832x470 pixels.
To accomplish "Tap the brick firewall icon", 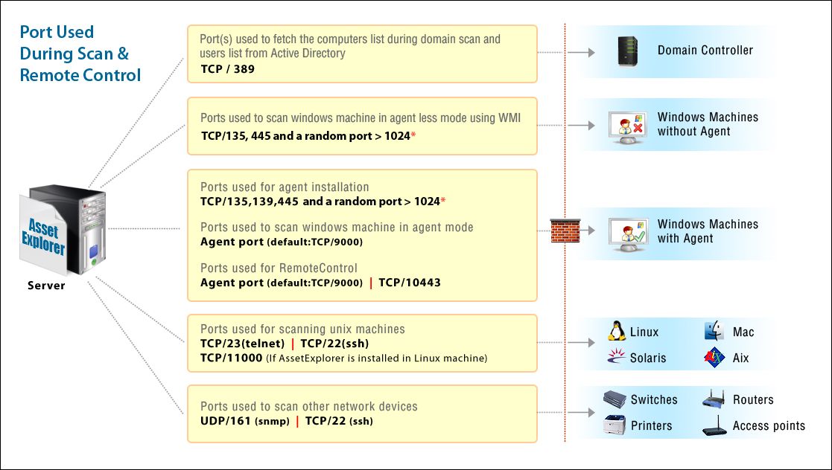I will [565, 231].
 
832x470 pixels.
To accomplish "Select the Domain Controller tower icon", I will [628, 51].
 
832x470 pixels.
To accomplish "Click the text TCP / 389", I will [228, 69].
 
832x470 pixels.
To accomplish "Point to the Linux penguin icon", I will [616, 332].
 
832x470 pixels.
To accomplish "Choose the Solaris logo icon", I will [616, 358].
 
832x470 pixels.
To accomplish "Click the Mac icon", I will [714, 332].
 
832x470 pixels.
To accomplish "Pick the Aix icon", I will [714, 358].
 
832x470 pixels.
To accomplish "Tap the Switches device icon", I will [615, 400].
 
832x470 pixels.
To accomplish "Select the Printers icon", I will [615, 425].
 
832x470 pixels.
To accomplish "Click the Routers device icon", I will [714, 400].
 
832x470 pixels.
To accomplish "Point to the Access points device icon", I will [714, 427].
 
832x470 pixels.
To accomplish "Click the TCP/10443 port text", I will [410, 283].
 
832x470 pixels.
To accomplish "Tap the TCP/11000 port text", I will [231, 358].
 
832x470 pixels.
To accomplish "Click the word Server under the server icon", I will [46, 286].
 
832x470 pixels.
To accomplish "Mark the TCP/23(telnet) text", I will [242, 344].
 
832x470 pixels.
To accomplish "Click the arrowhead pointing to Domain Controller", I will [591, 53].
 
